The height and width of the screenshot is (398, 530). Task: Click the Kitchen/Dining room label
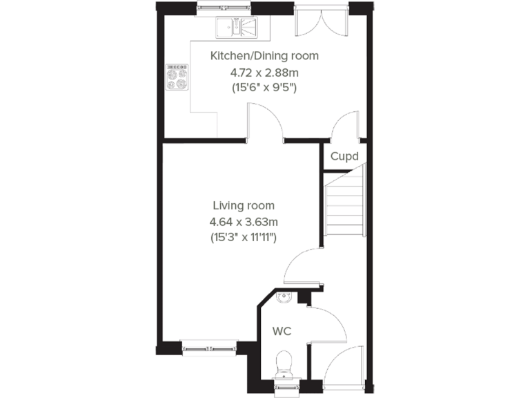pos(264,56)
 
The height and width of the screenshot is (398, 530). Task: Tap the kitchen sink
pos(235,28)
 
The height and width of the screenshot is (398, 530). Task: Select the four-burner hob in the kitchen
pos(177,77)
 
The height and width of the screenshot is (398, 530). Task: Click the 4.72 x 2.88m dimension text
pos(264,72)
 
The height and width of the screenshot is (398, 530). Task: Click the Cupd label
pos(344,156)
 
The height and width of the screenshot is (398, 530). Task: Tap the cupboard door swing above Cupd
pos(345,127)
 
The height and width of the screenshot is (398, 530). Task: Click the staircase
pos(344,205)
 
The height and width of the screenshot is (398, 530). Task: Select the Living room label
pos(243,205)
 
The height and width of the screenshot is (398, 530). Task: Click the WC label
pos(281,332)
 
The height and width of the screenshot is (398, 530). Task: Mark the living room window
pos(208,348)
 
